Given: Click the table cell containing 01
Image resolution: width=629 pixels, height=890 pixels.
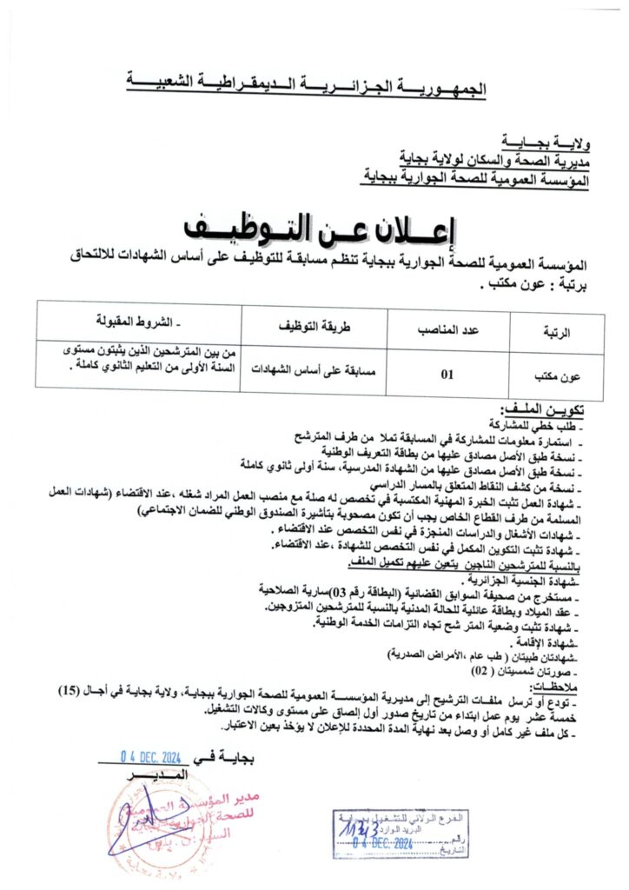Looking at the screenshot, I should pyautogui.click(x=448, y=375).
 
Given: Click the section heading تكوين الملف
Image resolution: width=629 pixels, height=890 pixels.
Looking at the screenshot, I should pyautogui.click(x=548, y=408).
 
